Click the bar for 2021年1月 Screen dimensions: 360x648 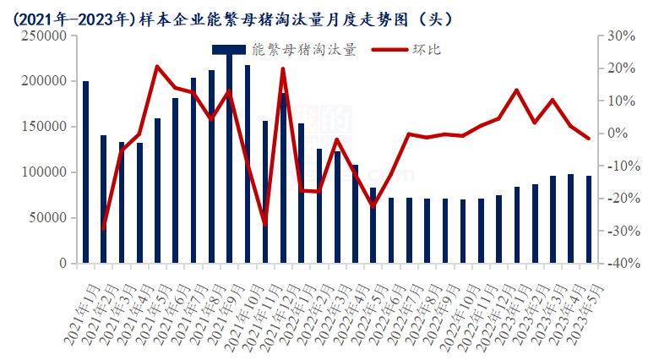85,172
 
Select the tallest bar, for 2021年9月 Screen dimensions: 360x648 229,161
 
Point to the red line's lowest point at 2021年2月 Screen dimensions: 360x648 104,228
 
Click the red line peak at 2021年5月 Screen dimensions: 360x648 158,66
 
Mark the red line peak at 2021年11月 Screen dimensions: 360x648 282,69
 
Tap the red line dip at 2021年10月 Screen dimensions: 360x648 264,225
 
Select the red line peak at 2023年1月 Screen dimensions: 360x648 516,90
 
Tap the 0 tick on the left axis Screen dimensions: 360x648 63,264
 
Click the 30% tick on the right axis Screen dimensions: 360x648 621,36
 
